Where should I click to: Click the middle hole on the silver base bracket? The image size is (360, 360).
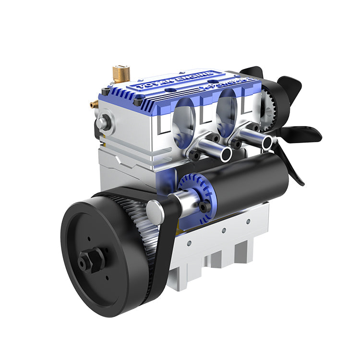click(x=224, y=231)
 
